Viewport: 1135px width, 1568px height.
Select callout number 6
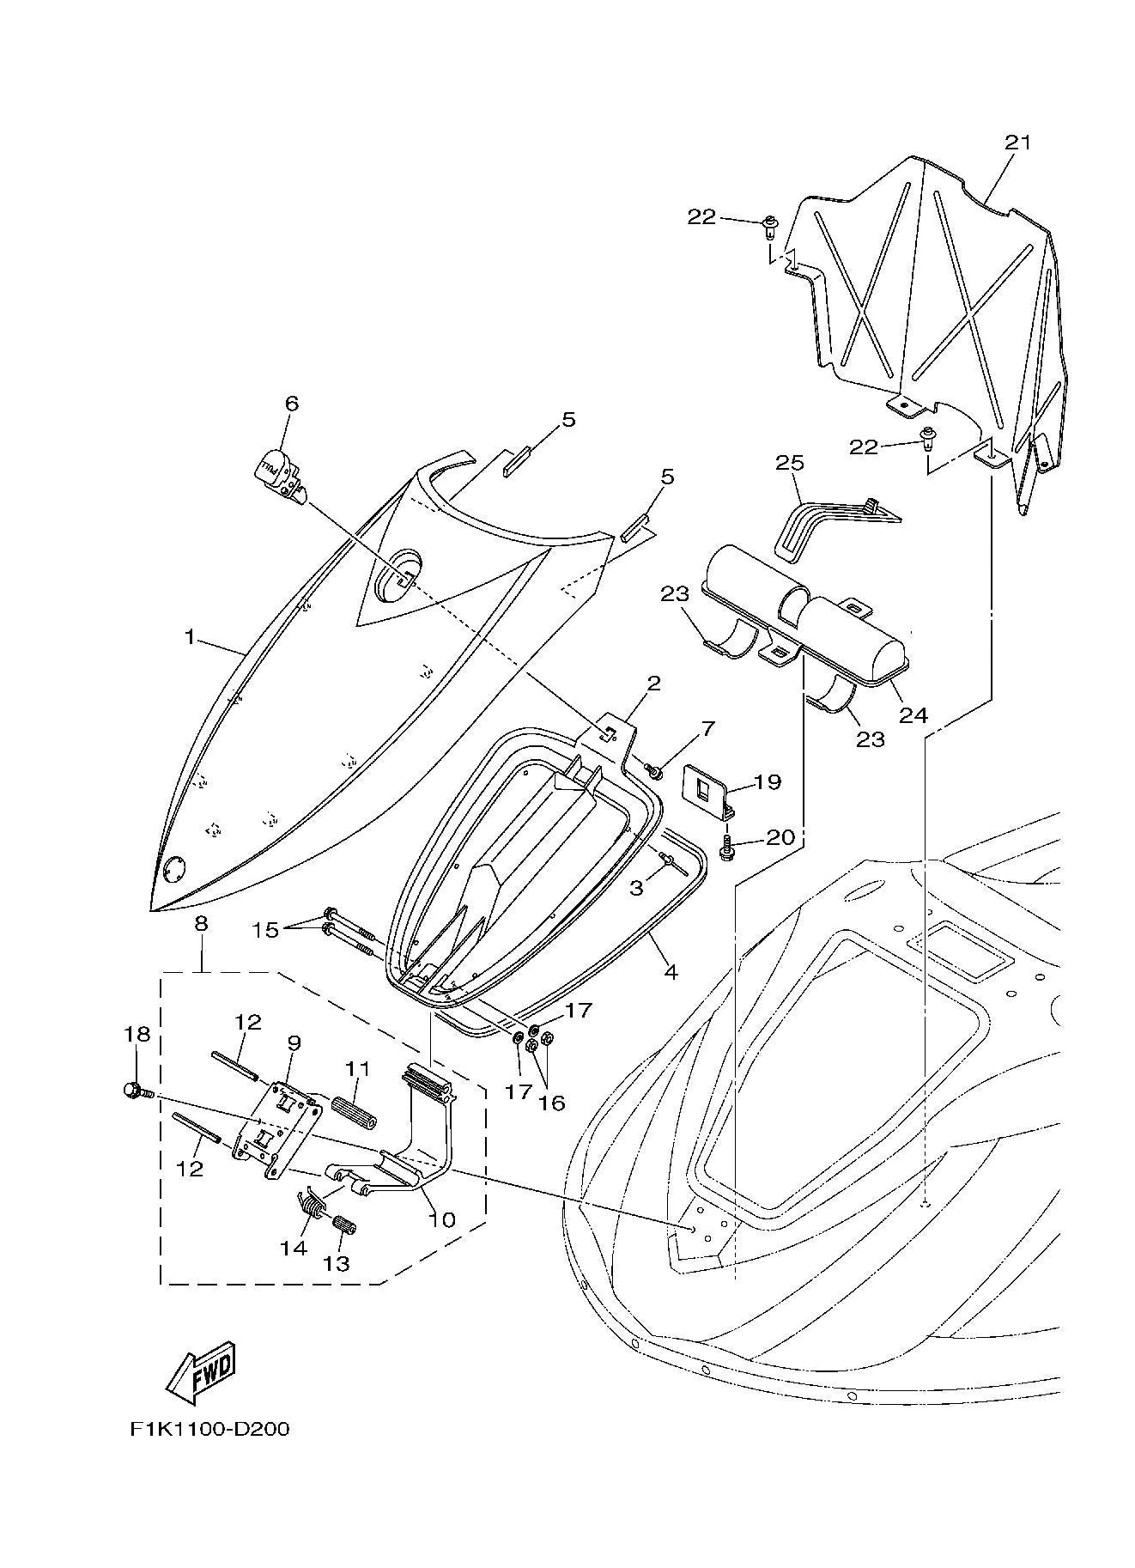point(291,403)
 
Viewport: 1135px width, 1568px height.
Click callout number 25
point(790,464)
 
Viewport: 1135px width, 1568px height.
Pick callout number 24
point(913,714)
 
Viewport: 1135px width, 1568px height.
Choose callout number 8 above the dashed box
point(201,924)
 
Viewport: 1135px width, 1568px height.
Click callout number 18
point(137,1034)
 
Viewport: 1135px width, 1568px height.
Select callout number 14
point(293,1248)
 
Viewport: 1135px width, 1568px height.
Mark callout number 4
point(671,972)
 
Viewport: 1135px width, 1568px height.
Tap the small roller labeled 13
point(343,1223)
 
